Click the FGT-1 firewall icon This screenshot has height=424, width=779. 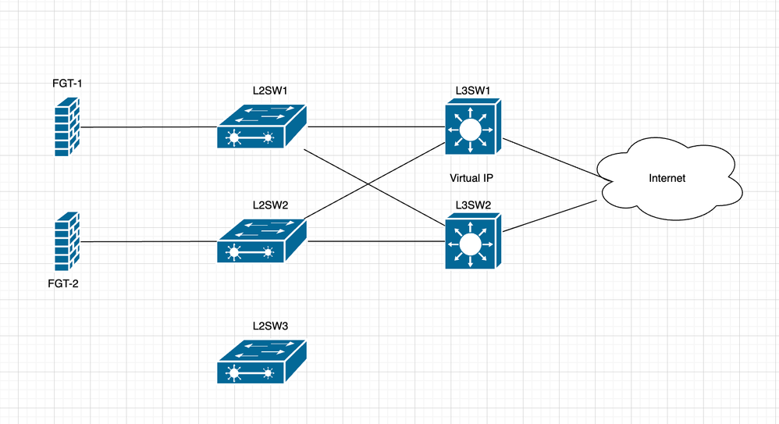click(x=68, y=126)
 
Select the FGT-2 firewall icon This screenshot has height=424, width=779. click(x=68, y=241)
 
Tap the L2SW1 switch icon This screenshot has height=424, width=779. click(x=261, y=126)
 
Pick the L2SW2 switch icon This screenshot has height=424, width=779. click(x=261, y=241)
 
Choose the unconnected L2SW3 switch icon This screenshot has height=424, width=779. click(x=261, y=362)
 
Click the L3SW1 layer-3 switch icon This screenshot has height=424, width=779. click(x=471, y=128)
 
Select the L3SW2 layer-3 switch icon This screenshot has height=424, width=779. click(x=471, y=243)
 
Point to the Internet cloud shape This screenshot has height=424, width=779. click(x=667, y=178)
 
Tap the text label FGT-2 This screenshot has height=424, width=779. click(x=63, y=283)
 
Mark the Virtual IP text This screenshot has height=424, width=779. click(x=471, y=178)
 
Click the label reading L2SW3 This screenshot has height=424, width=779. click(x=270, y=326)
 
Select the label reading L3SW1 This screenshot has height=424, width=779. click(x=472, y=91)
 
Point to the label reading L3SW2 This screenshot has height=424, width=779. click(x=472, y=206)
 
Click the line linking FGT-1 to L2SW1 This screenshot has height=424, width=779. click(x=148, y=126)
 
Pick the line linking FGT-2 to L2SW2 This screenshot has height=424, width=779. click(x=148, y=241)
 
